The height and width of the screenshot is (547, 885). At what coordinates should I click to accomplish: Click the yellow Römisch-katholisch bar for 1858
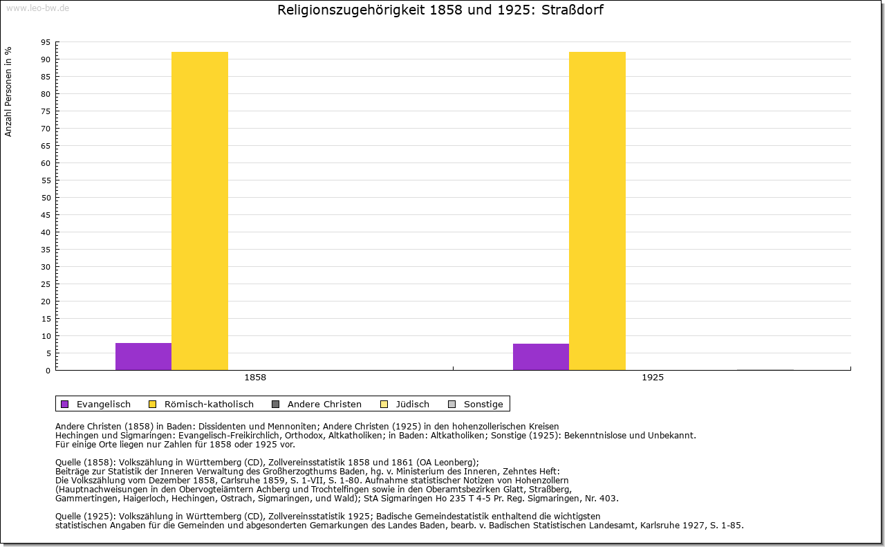tap(199, 211)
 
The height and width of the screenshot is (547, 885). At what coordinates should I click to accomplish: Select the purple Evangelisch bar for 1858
tap(143, 356)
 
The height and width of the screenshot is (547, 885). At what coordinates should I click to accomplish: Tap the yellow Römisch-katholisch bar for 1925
tap(597, 211)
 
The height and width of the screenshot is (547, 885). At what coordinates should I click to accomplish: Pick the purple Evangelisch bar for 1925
tap(541, 357)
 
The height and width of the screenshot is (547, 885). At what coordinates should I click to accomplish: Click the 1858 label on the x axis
tap(255, 378)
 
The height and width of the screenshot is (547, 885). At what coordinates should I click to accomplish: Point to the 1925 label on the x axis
tap(653, 378)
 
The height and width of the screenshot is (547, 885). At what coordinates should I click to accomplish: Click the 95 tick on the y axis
tap(45, 42)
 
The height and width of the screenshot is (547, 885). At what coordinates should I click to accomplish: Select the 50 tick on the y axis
tap(45, 198)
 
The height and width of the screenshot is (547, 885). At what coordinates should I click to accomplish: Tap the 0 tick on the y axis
tap(48, 371)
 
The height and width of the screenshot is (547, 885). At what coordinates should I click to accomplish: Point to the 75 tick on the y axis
tap(45, 111)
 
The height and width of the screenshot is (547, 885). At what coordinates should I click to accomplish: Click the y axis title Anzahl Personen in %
tap(9, 91)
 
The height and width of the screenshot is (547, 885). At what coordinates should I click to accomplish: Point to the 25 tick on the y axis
tap(45, 284)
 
